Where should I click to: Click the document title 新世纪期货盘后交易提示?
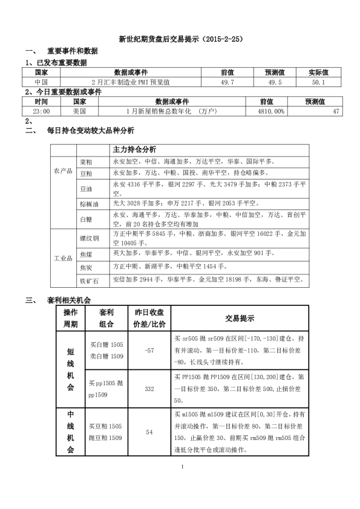click(x=180, y=39)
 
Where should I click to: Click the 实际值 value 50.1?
click(x=318, y=82)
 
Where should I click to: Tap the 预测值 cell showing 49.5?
click(x=275, y=82)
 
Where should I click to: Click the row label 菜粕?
click(x=87, y=162)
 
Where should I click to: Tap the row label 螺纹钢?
click(x=89, y=236)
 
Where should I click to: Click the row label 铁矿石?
click(x=89, y=279)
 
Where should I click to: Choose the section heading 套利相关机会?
click(x=68, y=299)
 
